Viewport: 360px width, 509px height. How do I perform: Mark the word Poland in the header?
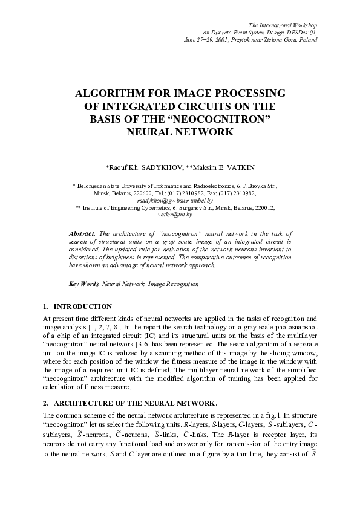coord(307,39)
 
